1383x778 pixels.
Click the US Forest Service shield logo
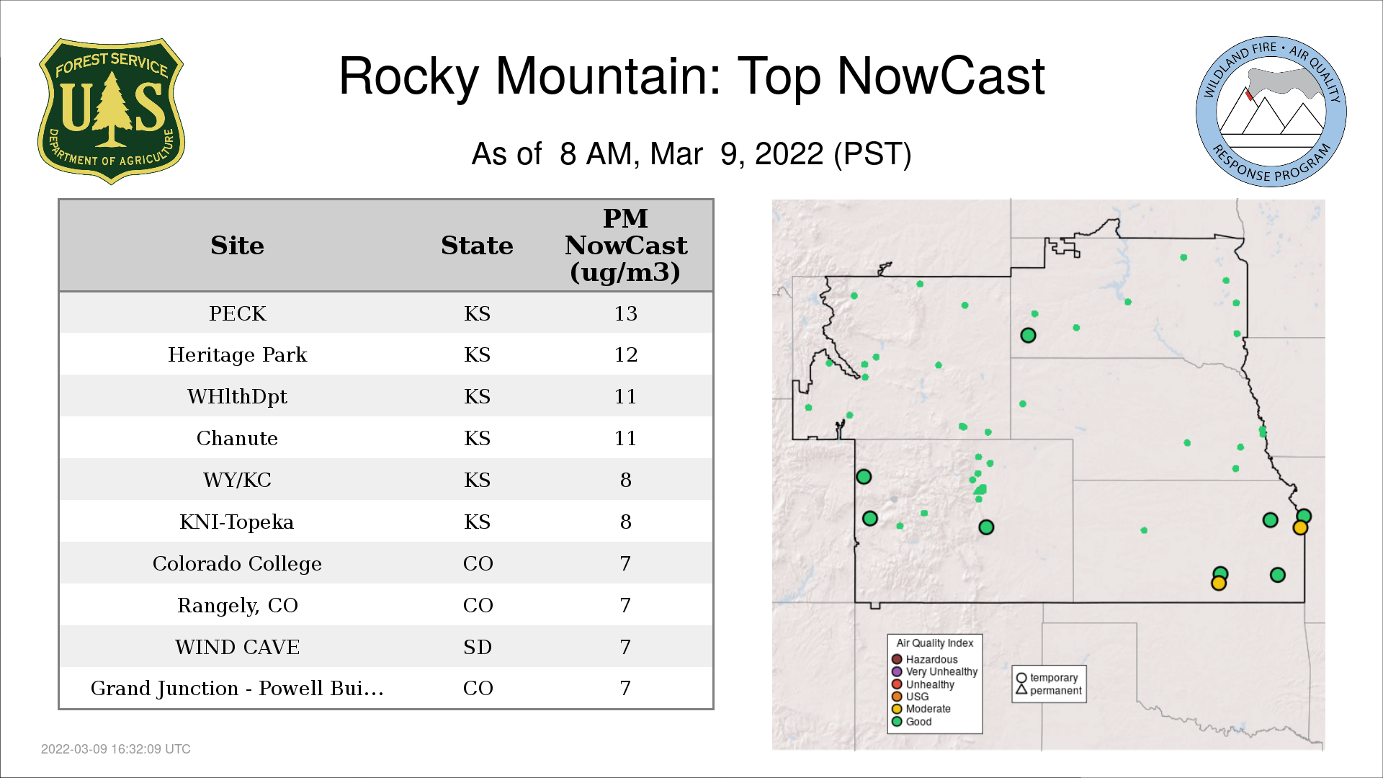point(111,111)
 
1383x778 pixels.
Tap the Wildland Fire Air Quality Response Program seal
point(1271,112)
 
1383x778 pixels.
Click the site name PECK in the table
point(238,313)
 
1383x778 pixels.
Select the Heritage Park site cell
point(238,354)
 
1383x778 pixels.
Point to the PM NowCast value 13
point(625,313)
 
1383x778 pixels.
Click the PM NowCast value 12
point(625,354)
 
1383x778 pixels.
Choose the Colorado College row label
point(237,563)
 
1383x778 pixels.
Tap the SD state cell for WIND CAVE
point(478,647)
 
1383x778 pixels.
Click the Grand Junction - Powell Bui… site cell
point(237,688)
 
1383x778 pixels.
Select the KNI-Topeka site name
point(237,522)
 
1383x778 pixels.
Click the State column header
point(477,246)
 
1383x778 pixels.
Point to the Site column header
point(237,246)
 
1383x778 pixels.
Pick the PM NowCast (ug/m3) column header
point(625,246)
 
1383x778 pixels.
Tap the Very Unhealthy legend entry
point(935,671)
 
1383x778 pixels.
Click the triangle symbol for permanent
point(1021,690)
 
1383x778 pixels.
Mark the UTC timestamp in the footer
point(116,749)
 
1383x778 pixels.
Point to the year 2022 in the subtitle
point(789,153)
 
